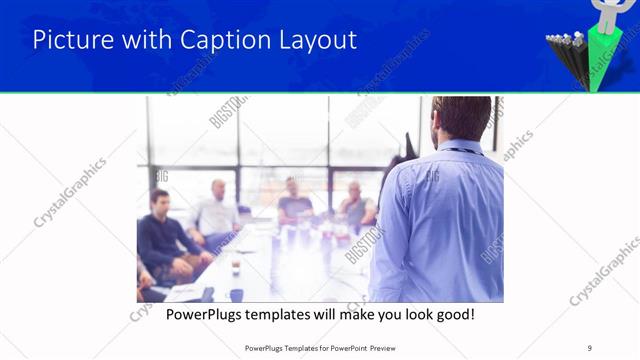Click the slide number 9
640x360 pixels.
click(590, 348)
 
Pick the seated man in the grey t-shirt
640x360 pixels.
click(295, 200)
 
